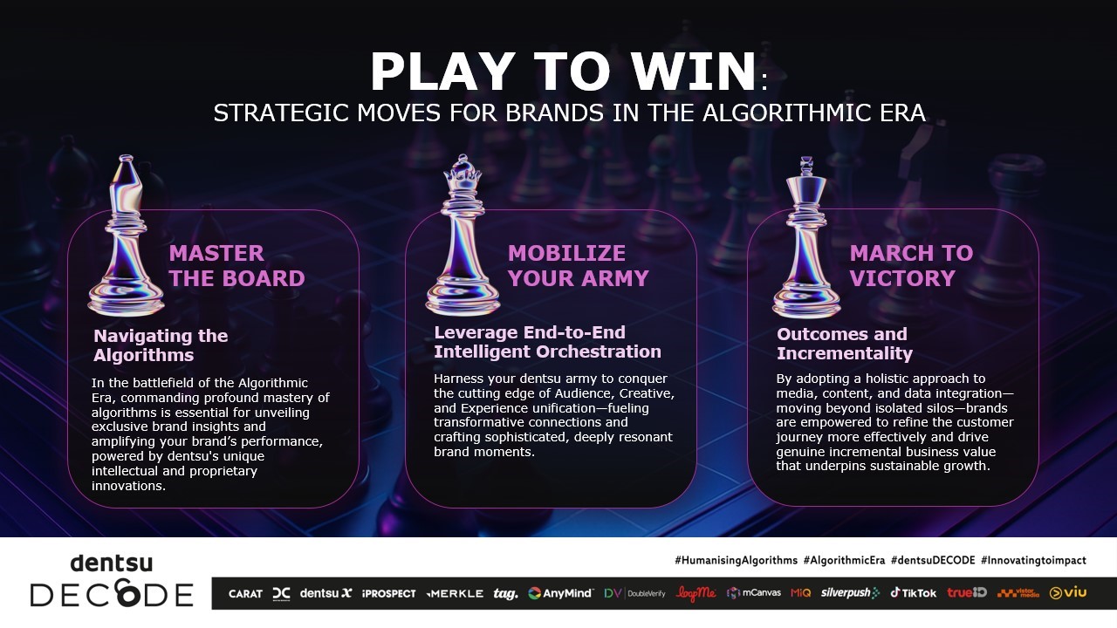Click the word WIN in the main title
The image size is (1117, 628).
[x=693, y=72]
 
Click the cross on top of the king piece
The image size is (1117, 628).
[x=806, y=166]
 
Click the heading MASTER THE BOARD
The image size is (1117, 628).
[x=236, y=266]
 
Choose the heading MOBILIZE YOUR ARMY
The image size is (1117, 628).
[x=578, y=266]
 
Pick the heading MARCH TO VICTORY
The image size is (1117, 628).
[x=911, y=266]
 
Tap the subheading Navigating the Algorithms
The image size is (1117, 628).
[x=161, y=345]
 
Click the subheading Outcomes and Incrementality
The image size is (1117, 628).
[x=844, y=344]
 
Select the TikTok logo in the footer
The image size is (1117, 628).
[x=913, y=592]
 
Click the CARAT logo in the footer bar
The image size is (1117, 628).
[x=245, y=594]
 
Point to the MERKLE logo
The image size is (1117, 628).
[x=455, y=594]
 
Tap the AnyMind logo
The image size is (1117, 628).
[x=560, y=593]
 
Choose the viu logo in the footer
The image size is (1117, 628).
[x=1067, y=592]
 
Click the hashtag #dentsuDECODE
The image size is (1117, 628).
[x=933, y=560]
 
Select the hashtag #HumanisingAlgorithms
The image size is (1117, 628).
[x=736, y=560]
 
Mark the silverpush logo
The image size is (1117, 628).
[x=850, y=593]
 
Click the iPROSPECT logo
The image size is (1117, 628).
[x=389, y=594]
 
